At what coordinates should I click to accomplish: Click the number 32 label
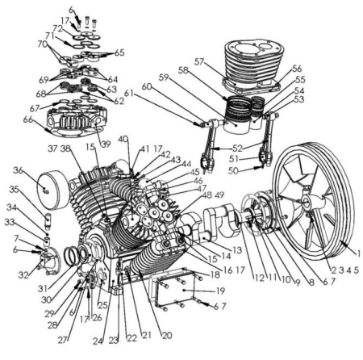coord(23,275)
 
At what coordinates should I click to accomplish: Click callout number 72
coord(58,27)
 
